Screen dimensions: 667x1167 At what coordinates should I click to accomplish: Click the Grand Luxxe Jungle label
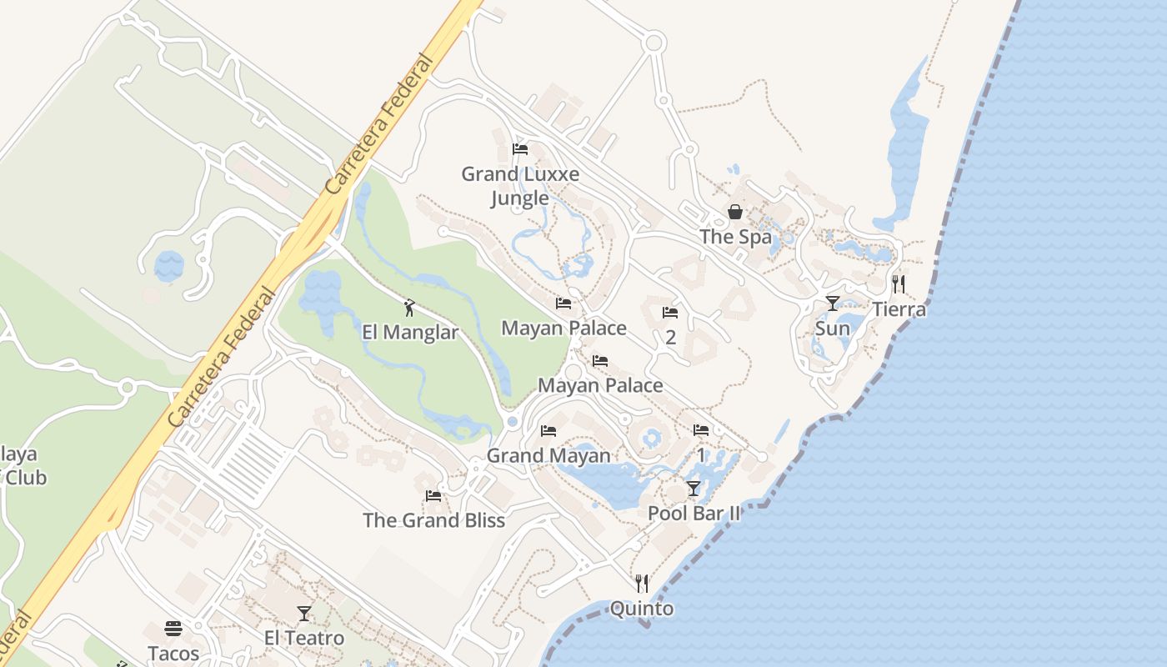click(520, 186)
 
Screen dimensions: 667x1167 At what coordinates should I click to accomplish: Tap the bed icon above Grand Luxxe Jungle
click(520, 150)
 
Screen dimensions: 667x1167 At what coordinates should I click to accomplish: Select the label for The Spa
click(736, 237)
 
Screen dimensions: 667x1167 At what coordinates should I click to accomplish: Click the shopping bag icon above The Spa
click(735, 212)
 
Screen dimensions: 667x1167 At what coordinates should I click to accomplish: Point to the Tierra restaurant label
click(899, 309)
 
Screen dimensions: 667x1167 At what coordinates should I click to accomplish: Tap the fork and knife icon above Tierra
click(898, 284)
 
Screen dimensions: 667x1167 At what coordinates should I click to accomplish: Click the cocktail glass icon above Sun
click(832, 303)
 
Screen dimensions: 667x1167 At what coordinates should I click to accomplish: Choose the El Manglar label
click(410, 333)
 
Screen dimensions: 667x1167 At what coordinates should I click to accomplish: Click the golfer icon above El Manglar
click(408, 308)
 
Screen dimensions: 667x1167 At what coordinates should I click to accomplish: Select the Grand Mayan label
click(548, 456)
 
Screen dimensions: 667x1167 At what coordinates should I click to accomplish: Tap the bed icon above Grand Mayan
click(548, 431)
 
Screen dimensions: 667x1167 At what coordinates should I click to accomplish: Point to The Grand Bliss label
click(433, 520)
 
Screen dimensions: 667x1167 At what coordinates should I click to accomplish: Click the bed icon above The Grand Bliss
click(433, 496)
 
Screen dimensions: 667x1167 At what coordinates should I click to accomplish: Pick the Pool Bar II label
click(694, 514)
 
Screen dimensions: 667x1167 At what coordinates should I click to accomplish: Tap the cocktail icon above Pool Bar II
click(694, 489)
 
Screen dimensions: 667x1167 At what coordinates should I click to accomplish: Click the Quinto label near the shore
click(642, 609)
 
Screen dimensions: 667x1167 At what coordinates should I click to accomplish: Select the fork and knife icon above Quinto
click(642, 584)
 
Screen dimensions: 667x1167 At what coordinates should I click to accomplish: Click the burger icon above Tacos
click(173, 629)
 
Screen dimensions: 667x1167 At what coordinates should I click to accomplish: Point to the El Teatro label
click(304, 639)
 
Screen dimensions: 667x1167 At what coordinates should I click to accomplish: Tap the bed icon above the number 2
click(670, 313)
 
